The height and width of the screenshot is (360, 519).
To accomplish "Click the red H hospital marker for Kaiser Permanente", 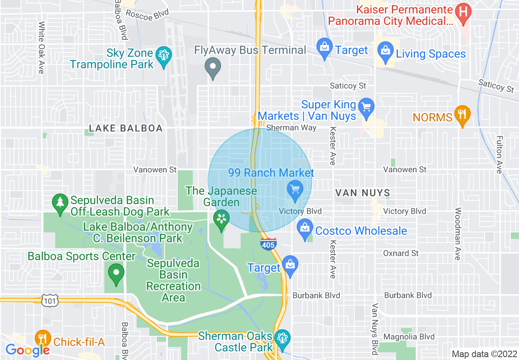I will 463,11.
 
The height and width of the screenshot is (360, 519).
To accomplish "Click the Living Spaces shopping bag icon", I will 385,50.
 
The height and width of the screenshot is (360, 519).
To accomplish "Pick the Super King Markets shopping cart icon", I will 366,107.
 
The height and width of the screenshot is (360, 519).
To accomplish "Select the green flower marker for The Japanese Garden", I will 221,218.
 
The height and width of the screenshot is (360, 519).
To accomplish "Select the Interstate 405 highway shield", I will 268,244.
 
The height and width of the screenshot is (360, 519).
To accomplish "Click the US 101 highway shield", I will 50,301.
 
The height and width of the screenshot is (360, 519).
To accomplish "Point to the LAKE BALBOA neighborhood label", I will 126,128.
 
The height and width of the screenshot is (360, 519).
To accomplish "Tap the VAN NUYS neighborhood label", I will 363,193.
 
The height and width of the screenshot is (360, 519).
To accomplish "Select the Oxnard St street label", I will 401,253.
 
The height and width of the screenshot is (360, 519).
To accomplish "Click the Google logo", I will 27,350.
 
